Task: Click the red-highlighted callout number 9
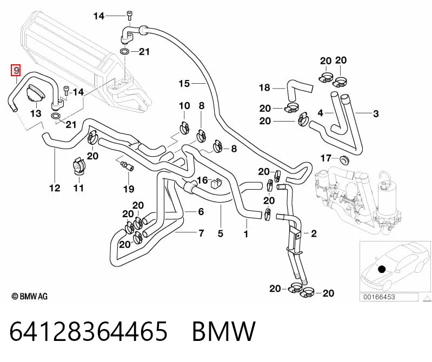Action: (x=16, y=70)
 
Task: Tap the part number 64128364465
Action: (x=89, y=331)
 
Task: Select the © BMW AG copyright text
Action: (x=30, y=296)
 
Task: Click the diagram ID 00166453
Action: (x=379, y=297)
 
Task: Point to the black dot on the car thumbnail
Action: (x=382, y=269)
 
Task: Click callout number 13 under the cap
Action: (x=36, y=113)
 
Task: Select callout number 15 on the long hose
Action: (x=184, y=83)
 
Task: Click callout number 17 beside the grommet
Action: (x=325, y=158)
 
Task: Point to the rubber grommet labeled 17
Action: (x=344, y=160)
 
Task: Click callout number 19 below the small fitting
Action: (x=128, y=189)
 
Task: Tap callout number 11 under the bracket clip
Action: (x=78, y=188)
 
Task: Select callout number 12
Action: (x=55, y=188)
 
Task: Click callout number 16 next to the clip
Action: (x=202, y=180)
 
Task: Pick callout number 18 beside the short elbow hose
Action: (x=264, y=88)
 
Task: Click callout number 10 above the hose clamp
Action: (x=184, y=106)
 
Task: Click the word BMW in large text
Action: (x=224, y=331)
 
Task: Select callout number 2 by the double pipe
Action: (x=314, y=233)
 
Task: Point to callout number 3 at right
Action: (x=376, y=113)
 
